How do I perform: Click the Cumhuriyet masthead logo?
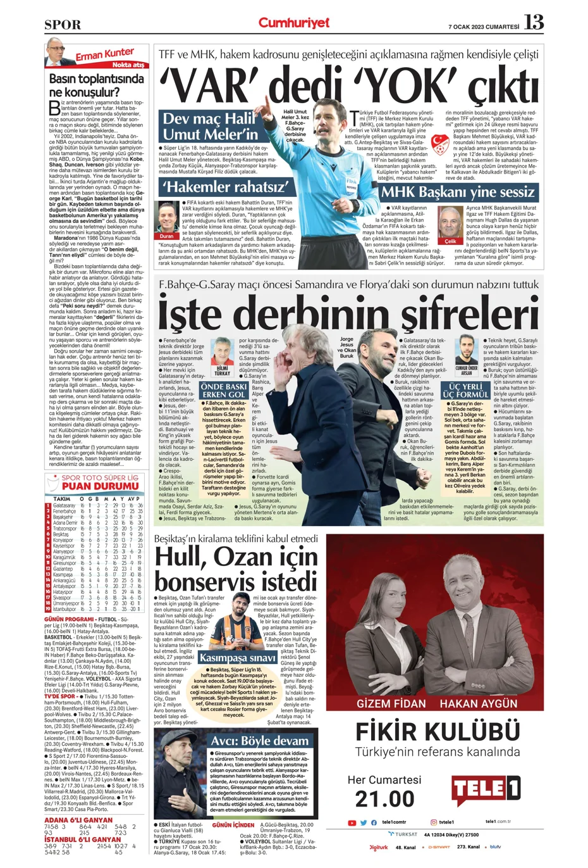[x=293, y=23]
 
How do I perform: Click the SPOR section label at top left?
[x=63, y=25]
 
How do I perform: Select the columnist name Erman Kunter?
[x=105, y=56]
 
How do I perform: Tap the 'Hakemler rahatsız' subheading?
[x=226, y=187]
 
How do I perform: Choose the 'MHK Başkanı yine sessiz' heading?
[x=458, y=192]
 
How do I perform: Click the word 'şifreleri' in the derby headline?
[x=468, y=314]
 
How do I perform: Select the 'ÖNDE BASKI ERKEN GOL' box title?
[x=224, y=390]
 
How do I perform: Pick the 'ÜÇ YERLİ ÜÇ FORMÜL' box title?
[x=465, y=390]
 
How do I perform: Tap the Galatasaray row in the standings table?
[x=95, y=506]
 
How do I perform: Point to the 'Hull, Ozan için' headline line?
[x=236, y=557]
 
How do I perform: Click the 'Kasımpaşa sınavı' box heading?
[x=237, y=658]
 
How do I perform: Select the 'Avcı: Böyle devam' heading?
[x=260, y=741]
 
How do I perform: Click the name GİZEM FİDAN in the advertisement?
[x=391, y=703]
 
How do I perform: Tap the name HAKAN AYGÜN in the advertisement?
[x=479, y=703]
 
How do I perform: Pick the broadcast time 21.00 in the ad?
[x=384, y=799]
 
